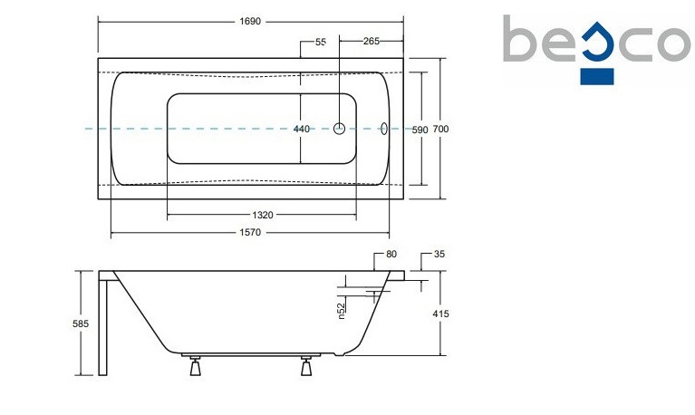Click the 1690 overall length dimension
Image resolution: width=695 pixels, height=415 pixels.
(250, 21)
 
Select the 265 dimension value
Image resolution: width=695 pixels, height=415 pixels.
(372, 42)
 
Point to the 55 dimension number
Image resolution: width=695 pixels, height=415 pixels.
(321, 42)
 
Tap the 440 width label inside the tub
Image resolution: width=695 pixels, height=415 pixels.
(302, 129)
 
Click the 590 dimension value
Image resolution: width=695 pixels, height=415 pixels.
(420, 130)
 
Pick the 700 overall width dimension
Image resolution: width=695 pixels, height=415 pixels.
(440, 129)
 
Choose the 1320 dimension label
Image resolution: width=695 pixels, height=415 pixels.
(263, 215)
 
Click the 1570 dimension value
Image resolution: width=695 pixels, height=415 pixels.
(250, 232)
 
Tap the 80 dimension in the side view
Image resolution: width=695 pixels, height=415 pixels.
(391, 254)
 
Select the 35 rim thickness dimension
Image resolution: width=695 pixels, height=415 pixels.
(439, 254)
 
